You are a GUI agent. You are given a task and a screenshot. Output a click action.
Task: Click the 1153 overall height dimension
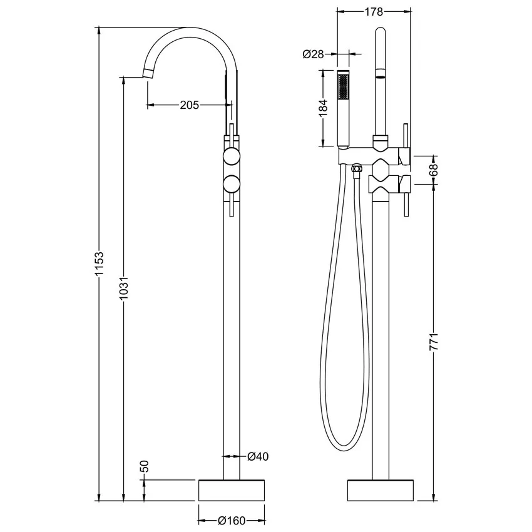(x=99, y=264)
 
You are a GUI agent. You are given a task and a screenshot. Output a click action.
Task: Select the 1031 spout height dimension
(x=124, y=289)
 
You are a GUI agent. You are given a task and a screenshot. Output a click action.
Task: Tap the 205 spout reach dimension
(x=189, y=105)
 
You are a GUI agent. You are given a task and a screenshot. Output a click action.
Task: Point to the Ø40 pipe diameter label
(x=258, y=456)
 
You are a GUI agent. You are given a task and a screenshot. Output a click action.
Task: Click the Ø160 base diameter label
(x=232, y=521)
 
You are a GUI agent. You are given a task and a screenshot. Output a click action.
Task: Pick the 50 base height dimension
(x=144, y=466)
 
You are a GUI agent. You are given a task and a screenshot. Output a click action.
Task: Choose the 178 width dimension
(x=374, y=12)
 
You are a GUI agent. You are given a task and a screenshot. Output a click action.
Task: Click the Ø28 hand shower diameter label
(x=314, y=54)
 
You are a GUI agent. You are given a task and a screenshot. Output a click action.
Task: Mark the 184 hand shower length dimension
(x=324, y=108)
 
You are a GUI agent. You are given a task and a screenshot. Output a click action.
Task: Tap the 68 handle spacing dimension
(x=434, y=170)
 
